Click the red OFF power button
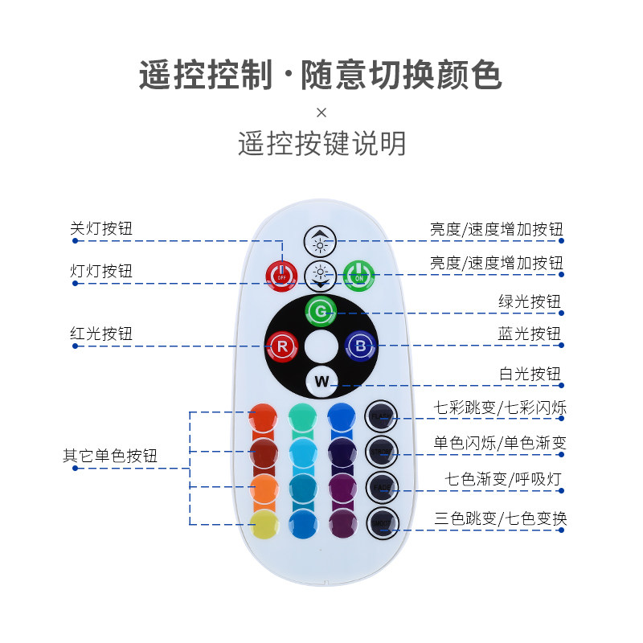281,276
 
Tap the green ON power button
359,276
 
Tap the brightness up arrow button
321,241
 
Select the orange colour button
264,488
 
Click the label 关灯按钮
101,229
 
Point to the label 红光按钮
101,334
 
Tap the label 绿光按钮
530,302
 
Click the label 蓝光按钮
530,334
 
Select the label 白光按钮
530,374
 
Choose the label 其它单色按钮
110,456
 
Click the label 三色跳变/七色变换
500,518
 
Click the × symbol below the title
321,112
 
